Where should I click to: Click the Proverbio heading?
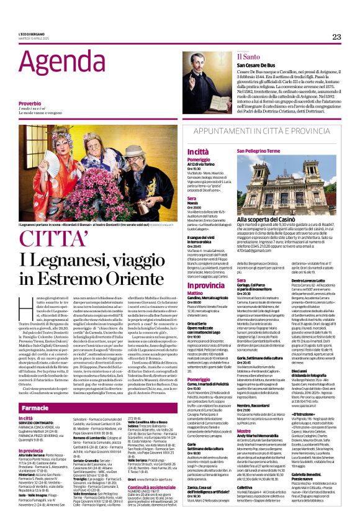(30, 104)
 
